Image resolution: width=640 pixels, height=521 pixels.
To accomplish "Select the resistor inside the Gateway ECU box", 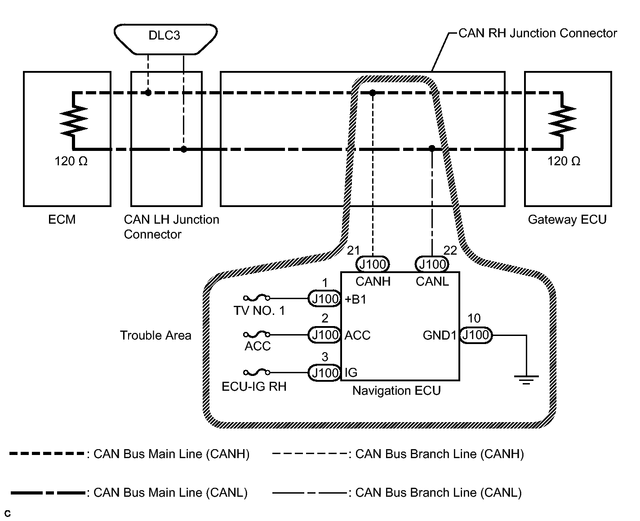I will tap(561, 120).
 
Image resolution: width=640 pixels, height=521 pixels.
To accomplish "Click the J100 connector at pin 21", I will tap(373, 264).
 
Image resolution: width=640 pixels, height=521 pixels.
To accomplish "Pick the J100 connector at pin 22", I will tap(432, 264).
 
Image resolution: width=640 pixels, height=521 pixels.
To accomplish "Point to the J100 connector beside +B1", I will tap(325, 299).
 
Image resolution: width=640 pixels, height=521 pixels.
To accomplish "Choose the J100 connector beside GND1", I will tap(476, 335).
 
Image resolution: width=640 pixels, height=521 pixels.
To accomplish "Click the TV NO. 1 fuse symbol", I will tap(257, 298).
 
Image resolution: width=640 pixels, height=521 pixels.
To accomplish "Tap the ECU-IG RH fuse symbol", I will tap(257, 372).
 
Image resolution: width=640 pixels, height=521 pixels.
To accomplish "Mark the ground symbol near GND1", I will tap(526, 380).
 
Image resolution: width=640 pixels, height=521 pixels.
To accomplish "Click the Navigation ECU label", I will tap(396, 391).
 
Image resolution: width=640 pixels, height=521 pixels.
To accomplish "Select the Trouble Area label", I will tap(156, 336).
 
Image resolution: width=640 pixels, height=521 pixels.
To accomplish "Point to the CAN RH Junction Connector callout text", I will tap(538, 33).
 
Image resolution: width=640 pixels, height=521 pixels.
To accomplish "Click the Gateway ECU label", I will tap(567, 220).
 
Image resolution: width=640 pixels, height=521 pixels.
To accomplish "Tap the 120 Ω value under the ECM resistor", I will tap(71, 161).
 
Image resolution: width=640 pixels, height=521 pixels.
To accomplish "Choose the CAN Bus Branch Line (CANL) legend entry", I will tap(397, 493).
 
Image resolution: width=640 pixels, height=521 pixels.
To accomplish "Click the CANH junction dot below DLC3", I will tap(148, 93).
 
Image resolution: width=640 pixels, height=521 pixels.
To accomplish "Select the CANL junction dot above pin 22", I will tap(432, 148).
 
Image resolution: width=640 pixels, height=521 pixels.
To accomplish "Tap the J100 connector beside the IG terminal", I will tap(325, 373).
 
